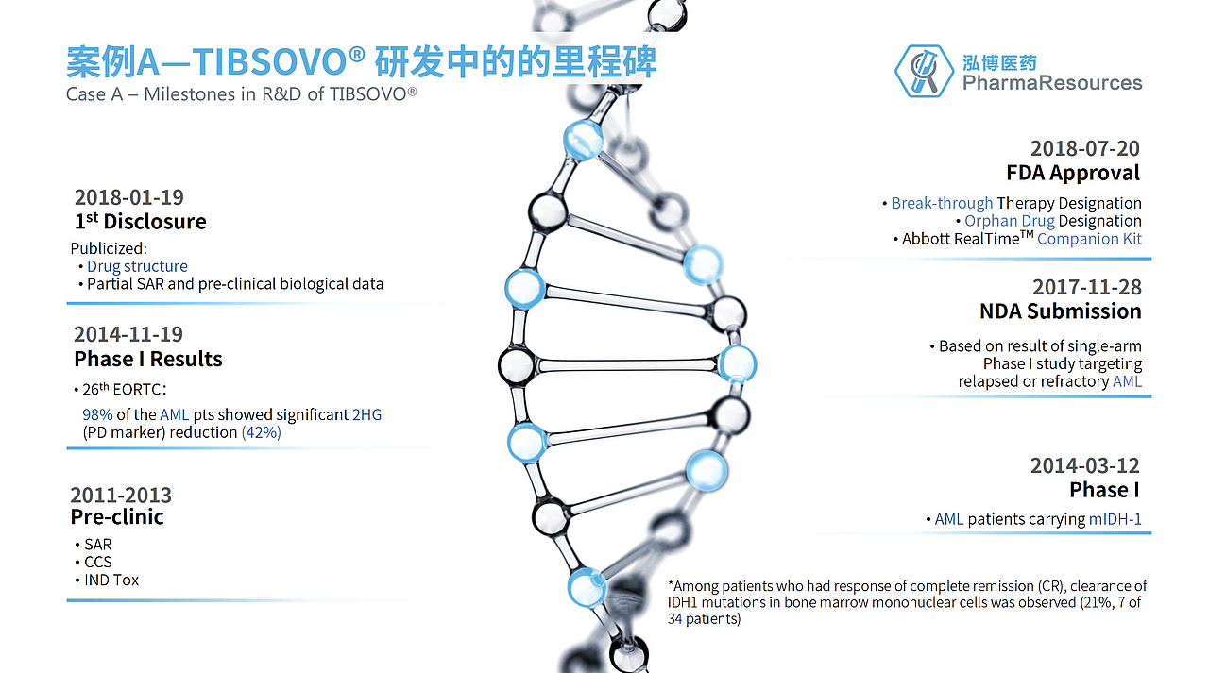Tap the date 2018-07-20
click(1084, 148)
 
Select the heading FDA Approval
click(1073, 173)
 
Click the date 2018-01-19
click(128, 197)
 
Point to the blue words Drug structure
click(137, 266)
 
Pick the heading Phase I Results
click(148, 359)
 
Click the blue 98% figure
click(97, 414)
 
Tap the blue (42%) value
click(262, 432)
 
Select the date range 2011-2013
click(121, 496)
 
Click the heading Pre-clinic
click(117, 517)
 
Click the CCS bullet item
click(97, 562)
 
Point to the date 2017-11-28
click(1086, 287)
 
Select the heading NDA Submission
click(1060, 311)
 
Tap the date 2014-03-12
click(1084, 465)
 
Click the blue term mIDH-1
click(1115, 519)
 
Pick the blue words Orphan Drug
click(1009, 221)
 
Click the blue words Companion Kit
click(1089, 239)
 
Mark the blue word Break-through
click(942, 203)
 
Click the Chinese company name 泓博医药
click(999, 62)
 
